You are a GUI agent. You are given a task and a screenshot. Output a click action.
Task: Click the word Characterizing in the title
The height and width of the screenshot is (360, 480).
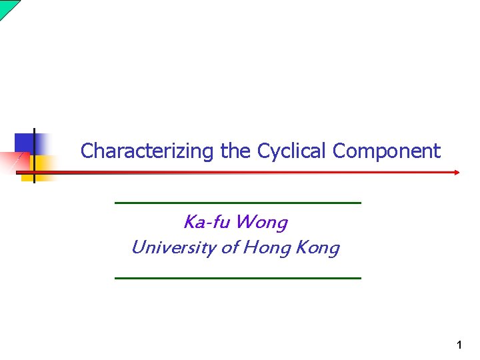(145, 151)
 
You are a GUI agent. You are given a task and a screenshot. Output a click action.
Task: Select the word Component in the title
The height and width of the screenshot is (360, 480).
(387, 151)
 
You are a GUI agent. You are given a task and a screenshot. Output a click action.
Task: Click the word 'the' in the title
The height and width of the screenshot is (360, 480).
(235, 151)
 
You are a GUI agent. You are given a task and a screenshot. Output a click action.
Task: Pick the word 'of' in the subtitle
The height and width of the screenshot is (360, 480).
(229, 248)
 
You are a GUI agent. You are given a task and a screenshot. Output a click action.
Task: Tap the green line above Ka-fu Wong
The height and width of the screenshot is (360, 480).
(238, 202)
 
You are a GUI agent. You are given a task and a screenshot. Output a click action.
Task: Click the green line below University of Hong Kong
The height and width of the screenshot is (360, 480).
(238, 277)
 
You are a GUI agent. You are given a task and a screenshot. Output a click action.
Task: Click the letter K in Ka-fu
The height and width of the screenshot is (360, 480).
(189, 221)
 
